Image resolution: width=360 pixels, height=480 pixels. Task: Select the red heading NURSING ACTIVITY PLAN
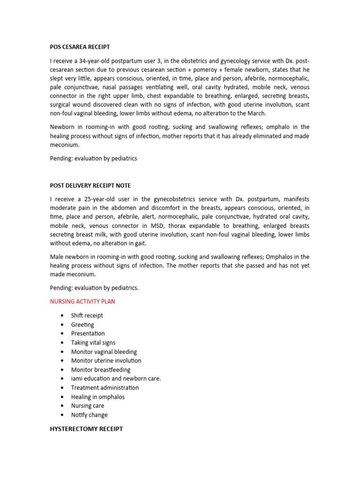tap(82, 301)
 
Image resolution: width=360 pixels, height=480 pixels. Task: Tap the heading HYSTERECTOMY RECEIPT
tap(86, 429)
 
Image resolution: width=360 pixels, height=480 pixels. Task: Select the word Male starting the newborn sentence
tap(57, 257)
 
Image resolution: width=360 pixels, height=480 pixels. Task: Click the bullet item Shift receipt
tap(87, 315)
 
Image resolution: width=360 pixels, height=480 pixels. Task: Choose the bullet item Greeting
tap(82, 324)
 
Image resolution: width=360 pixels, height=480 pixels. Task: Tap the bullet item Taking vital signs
tap(93, 343)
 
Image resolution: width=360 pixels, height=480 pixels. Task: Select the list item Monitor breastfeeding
tap(101, 370)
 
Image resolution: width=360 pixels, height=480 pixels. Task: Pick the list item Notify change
tap(89, 415)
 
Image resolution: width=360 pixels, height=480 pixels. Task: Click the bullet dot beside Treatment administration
tap(62, 388)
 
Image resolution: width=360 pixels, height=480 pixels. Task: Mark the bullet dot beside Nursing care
tap(62, 406)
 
